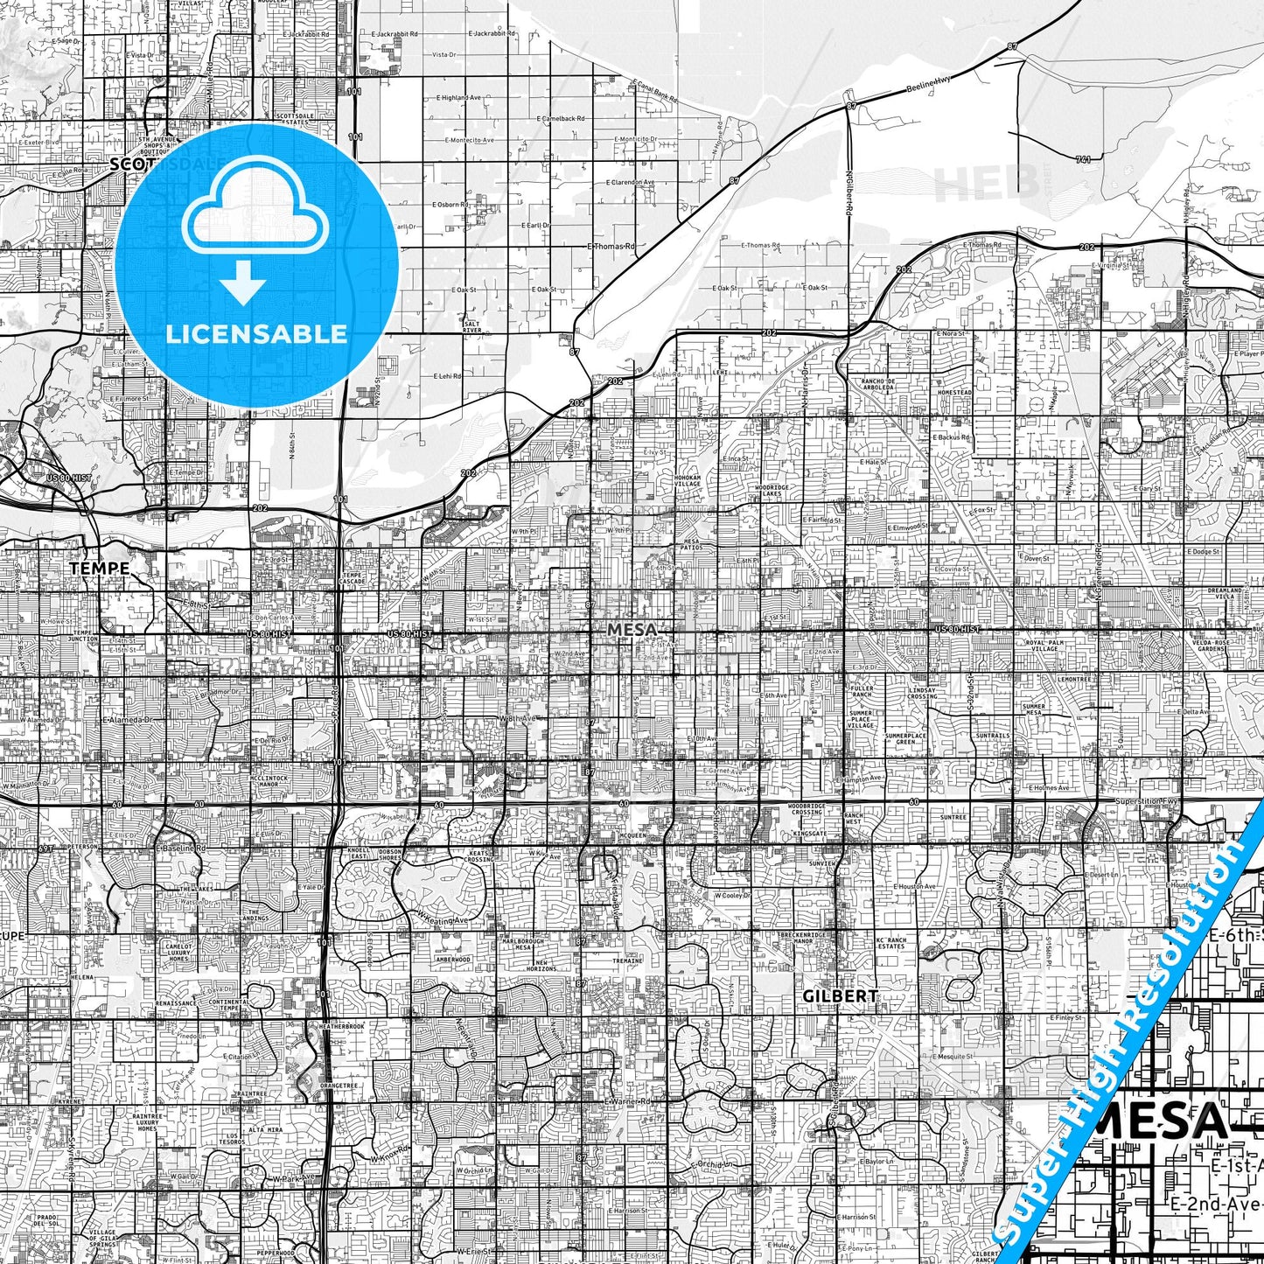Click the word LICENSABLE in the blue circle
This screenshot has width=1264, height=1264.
click(256, 334)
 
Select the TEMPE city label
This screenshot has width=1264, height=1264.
click(100, 569)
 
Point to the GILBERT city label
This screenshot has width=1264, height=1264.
click(841, 995)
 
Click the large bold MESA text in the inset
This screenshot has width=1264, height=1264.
click(1163, 1121)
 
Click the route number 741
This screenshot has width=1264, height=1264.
click(1084, 160)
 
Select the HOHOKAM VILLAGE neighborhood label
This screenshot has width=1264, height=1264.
click(688, 481)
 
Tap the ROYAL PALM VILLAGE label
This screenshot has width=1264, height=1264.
click(1044, 646)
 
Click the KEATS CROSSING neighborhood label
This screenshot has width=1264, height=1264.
click(478, 857)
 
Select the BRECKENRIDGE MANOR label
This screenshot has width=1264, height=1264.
click(802, 938)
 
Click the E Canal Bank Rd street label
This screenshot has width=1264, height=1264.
click(654, 91)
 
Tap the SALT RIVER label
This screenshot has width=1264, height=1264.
click(472, 327)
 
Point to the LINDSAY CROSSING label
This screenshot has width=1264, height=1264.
click(922, 693)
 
